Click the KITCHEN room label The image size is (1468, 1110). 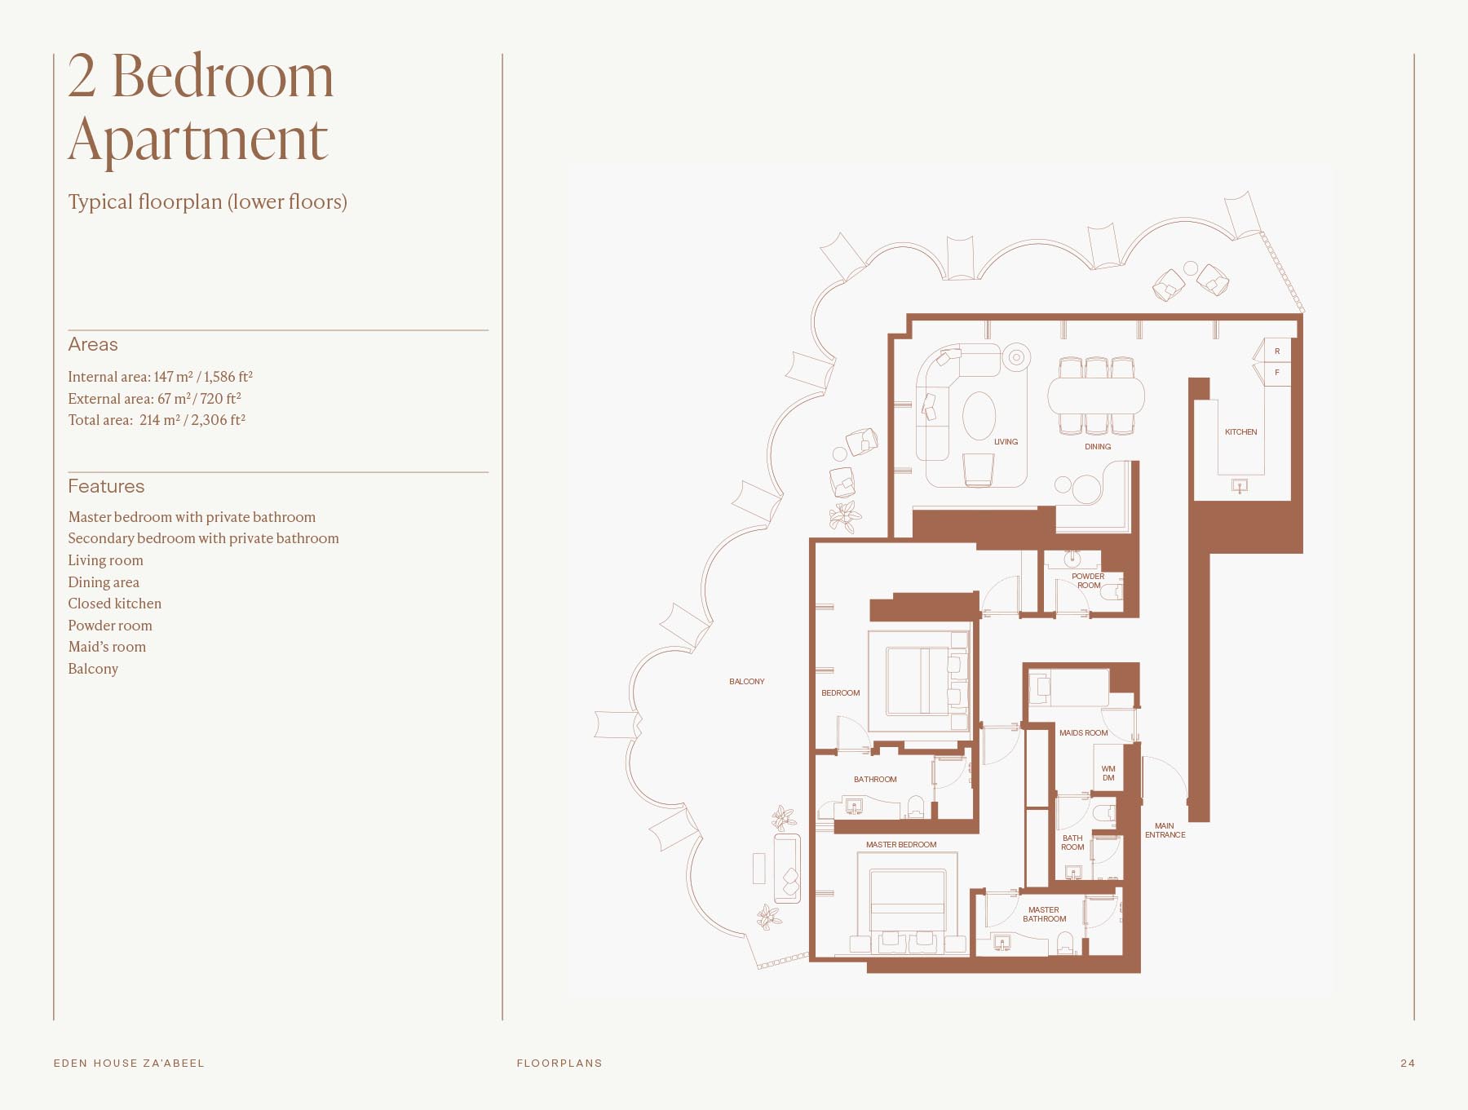[x=1240, y=432]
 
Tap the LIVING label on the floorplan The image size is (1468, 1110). [x=1006, y=442]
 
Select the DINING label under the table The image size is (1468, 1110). [x=1098, y=447]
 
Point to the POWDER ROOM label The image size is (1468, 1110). [x=1088, y=581]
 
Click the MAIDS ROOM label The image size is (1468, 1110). [x=1083, y=733]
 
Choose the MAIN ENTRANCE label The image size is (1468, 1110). [x=1165, y=830]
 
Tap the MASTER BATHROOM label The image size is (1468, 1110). [x=1044, y=914]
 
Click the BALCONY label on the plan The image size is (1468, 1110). [x=746, y=682]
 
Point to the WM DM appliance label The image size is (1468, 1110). [x=1108, y=773]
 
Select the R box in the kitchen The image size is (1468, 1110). [x=1277, y=352]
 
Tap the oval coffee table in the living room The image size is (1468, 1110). [x=979, y=415]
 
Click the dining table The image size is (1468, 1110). [x=1096, y=396]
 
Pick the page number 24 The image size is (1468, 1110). [x=1408, y=1064]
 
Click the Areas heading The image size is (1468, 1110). [x=93, y=344]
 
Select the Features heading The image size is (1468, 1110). [x=106, y=486]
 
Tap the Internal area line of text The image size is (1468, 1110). [x=160, y=377]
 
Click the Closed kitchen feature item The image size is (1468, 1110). [x=115, y=604]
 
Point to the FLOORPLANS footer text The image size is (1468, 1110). [x=559, y=1064]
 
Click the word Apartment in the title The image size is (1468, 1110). [x=198, y=140]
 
